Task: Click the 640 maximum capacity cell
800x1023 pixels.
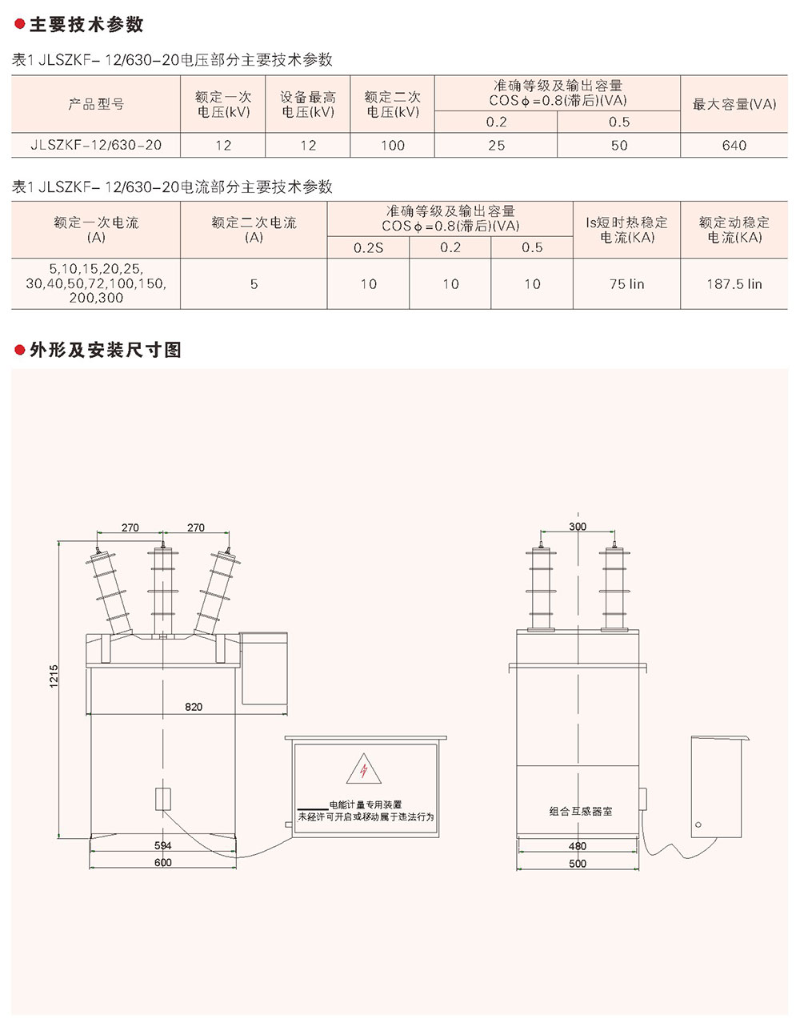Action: coord(734,145)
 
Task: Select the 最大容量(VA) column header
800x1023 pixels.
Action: coord(734,104)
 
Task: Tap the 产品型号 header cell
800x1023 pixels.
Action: coord(96,104)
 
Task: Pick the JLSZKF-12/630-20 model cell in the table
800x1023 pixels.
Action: coord(96,145)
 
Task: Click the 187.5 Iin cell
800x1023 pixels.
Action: coord(734,284)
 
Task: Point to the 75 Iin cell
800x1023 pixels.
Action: coord(626,284)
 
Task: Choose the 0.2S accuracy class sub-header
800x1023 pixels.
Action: coord(368,248)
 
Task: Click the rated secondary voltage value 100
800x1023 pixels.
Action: coord(392,145)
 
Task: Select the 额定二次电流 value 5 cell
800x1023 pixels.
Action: coord(254,284)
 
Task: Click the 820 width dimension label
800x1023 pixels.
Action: coord(194,707)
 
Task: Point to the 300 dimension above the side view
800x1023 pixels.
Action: coord(577,527)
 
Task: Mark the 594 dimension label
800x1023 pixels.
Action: coord(162,845)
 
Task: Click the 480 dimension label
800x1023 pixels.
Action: coord(577,846)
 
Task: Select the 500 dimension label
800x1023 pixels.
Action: coord(577,864)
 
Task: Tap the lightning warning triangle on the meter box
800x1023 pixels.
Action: coord(362,769)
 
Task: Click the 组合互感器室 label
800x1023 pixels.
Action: coord(581,811)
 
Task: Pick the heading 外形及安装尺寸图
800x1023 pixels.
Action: coord(106,350)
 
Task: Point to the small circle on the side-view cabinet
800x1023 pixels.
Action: coord(698,824)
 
